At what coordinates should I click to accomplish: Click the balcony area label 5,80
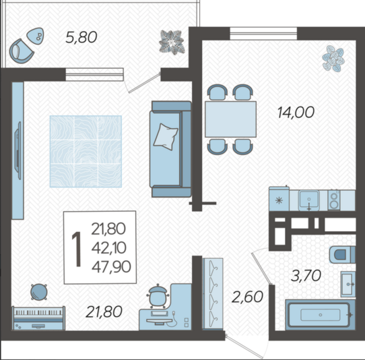81,37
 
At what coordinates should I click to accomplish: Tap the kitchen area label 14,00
296,113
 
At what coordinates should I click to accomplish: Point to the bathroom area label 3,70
306,276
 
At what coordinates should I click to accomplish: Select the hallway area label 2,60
247,297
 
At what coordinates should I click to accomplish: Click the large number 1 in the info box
77,249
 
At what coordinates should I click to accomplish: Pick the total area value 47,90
111,267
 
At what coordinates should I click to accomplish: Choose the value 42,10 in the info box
108,247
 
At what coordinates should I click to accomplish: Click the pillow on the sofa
166,137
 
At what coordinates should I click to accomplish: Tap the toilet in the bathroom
342,255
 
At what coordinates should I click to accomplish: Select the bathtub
321,315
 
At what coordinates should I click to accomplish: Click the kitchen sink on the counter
308,200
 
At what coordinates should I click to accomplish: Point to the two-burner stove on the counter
334,200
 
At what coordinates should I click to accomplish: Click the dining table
230,119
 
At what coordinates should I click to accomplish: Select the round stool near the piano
39,292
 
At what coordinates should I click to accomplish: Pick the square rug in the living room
86,152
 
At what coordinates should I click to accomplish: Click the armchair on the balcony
22,51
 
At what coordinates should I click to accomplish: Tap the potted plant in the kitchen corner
333,58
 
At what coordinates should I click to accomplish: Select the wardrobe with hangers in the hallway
213,293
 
